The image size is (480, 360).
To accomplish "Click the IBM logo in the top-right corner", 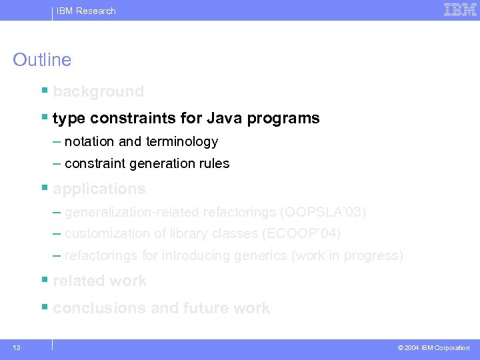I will click(460, 10).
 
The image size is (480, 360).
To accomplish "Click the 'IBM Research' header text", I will click(86, 11).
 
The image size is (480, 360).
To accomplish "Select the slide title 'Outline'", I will click(42, 60).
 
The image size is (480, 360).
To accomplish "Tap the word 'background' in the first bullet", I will click(98, 91).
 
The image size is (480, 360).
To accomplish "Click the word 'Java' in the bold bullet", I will click(225, 119).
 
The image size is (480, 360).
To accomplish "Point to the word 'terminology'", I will click(183, 141).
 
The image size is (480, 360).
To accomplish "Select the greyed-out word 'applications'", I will click(99, 189).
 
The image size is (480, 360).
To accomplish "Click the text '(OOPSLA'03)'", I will click(323, 212).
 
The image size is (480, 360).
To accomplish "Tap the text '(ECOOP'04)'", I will click(302, 233).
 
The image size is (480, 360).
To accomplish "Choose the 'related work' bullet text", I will click(99, 281).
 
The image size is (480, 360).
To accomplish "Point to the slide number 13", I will click(16, 348).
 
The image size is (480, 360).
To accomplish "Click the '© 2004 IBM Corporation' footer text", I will click(433, 348).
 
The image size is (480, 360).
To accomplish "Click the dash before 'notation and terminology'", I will click(57, 141).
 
